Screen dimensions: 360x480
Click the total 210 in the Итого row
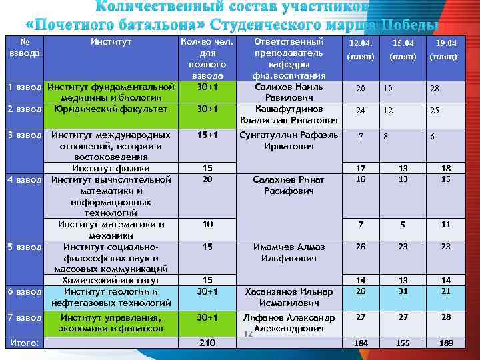pos(207,343)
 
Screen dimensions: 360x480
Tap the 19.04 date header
pos(443,43)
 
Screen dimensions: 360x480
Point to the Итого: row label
pos(24,343)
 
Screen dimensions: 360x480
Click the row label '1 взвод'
pos(25,87)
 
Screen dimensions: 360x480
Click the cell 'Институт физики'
pos(111,168)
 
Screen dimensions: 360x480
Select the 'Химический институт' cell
pos(111,281)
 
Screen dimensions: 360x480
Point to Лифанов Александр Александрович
pos(289,323)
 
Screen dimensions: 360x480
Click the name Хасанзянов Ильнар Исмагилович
pos(289,297)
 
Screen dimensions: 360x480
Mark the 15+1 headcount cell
pos(207,135)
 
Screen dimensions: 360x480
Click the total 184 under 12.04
pos(361,343)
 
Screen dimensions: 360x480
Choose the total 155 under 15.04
pos(402,343)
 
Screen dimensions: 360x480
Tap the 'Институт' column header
pos(111,41)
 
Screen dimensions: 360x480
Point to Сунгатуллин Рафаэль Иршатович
pos(289,140)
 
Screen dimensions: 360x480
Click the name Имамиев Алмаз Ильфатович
pos(289,252)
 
